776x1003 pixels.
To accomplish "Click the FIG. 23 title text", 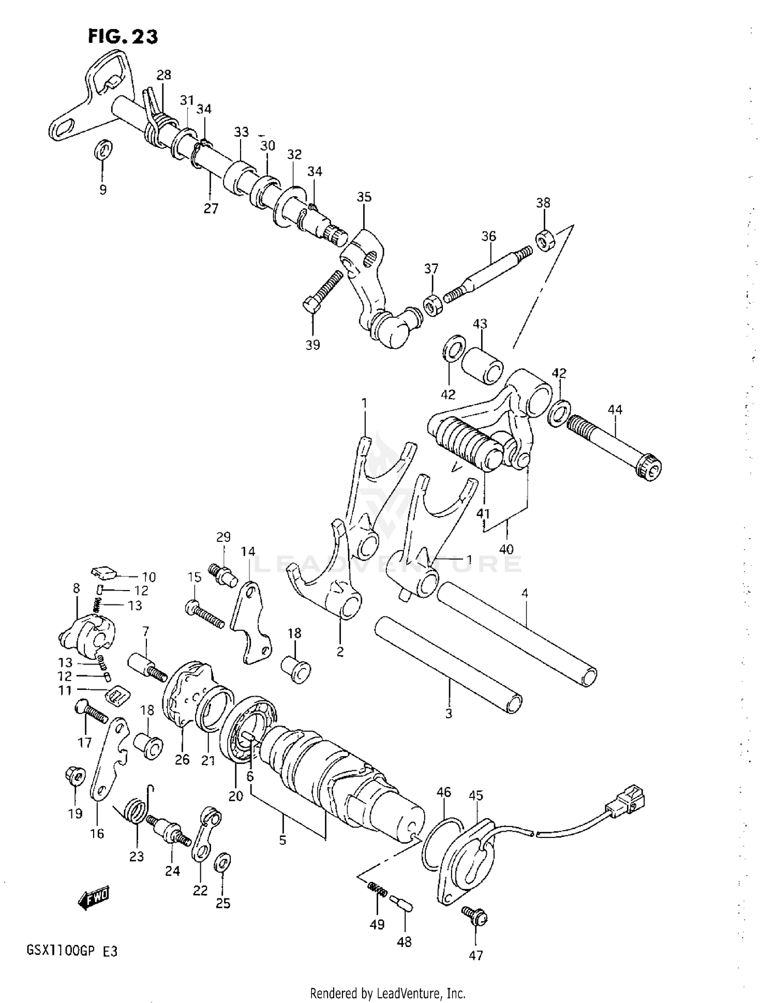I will click(x=123, y=36).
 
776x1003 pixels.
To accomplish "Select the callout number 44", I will click(x=615, y=410).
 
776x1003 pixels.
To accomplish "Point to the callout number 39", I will click(x=312, y=345).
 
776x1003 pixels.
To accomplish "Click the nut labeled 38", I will click(x=545, y=239).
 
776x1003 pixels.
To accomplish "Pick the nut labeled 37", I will click(x=432, y=305).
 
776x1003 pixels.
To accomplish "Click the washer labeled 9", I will click(x=103, y=150).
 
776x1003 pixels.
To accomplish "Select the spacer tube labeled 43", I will click(x=482, y=366).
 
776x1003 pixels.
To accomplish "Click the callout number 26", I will click(x=182, y=760).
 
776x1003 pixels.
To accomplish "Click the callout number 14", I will click(x=248, y=552).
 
